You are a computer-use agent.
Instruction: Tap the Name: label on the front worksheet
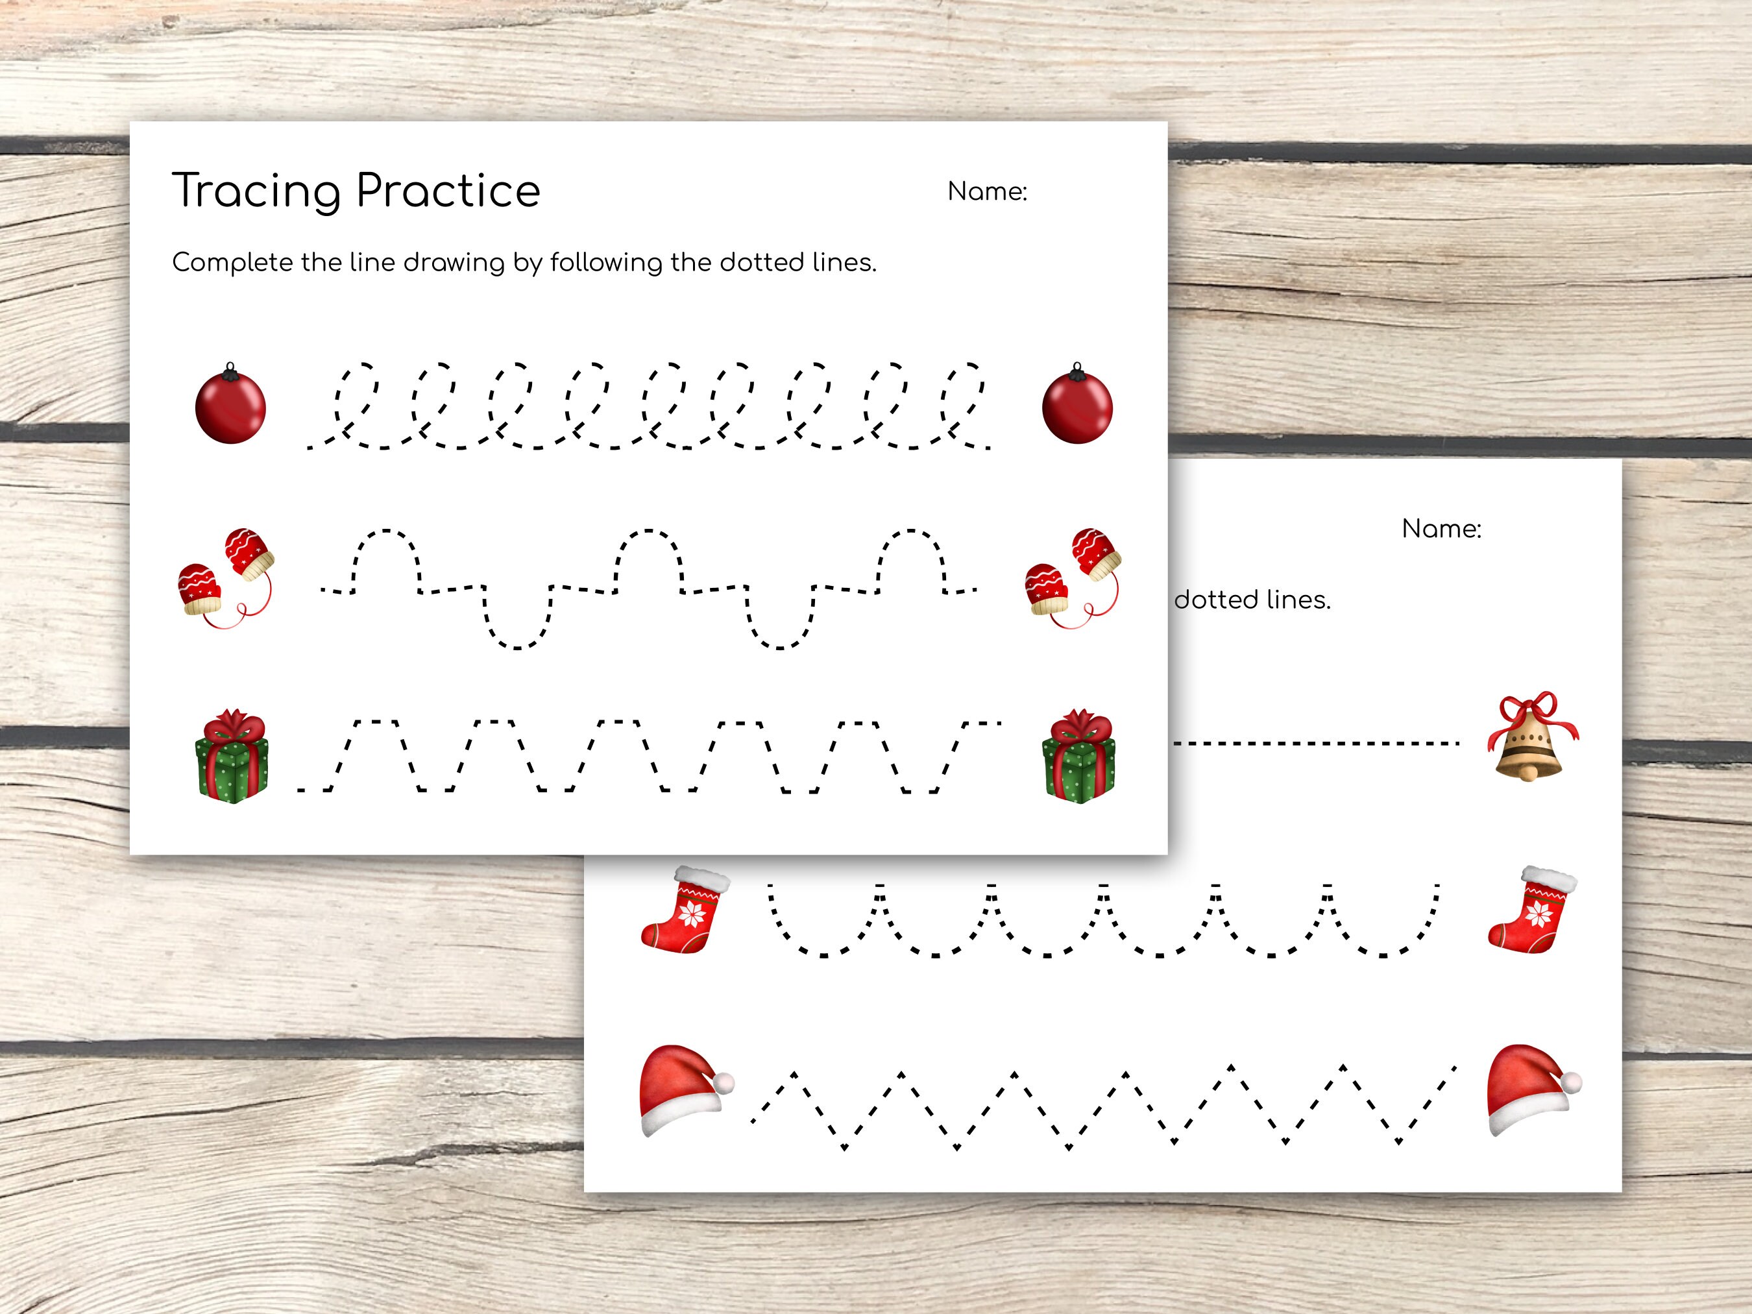pos(987,191)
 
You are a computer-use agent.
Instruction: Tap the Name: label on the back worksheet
pos(1441,529)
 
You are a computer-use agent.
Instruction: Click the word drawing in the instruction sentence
pos(454,263)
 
